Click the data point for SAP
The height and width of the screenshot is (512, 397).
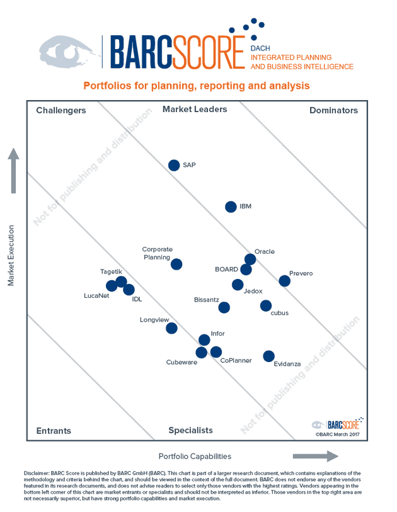coord(174,165)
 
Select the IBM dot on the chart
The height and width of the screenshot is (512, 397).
coord(231,207)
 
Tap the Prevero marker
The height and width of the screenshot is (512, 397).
coord(285,281)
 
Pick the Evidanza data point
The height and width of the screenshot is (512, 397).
coord(269,356)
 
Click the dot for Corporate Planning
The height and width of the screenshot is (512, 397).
coord(176,265)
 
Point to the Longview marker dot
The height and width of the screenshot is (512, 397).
coord(171,328)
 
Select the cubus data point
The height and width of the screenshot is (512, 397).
coord(266,306)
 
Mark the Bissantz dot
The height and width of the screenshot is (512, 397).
coord(224,307)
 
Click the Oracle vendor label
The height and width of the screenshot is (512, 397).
coord(265,252)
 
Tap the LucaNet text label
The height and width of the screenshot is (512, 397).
coord(96,295)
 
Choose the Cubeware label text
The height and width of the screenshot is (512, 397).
coord(181,362)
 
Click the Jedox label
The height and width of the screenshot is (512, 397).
coord(253,290)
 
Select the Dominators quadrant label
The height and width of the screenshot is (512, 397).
coord(333,110)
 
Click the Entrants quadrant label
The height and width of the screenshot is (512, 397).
coord(54,431)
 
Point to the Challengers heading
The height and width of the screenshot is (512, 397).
coord(61,110)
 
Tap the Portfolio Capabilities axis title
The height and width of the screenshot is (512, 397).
coord(195,456)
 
